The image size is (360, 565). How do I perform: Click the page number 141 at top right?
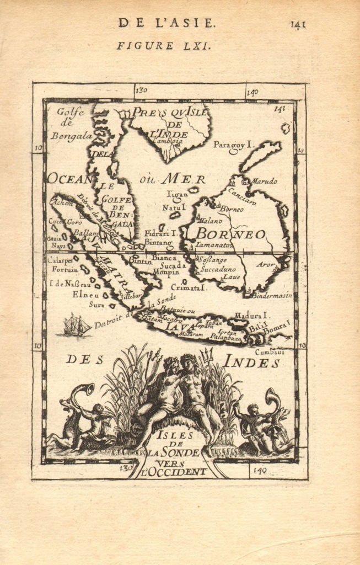(298, 24)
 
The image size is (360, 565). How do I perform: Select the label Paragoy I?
(233, 145)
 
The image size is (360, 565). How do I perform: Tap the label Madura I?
(250, 315)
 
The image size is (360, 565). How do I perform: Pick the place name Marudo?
(265, 181)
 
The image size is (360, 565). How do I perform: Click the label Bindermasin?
(272, 295)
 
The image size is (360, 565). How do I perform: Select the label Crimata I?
(189, 287)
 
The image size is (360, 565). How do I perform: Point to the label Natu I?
(175, 207)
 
